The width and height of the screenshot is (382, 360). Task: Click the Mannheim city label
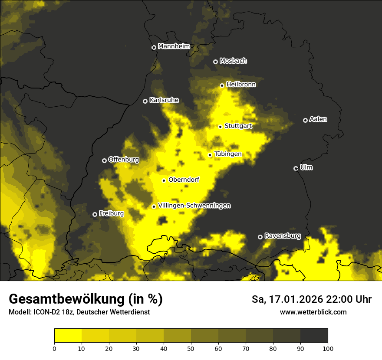[175, 46]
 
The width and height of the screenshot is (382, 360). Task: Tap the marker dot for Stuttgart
[220, 127]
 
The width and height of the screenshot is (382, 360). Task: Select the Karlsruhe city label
[164, 100]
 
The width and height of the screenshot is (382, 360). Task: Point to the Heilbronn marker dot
[222, 85]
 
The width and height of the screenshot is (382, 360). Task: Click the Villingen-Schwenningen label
[194, 206]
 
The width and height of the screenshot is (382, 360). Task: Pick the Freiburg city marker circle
[95, 214]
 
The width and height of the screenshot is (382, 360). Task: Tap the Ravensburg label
[282, 236]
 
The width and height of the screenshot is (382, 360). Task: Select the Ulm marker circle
[296, 168]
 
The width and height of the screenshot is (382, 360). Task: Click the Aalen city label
[318, 119]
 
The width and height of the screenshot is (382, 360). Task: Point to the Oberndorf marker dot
[164, 180]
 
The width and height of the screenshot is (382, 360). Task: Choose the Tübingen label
[227, 154]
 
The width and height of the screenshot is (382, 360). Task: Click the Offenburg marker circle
[104, 160]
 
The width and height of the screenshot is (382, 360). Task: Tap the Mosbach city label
[233, 61]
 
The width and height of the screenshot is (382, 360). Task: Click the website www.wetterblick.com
[313, 312]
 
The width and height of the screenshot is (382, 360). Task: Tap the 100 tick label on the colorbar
[328, 348]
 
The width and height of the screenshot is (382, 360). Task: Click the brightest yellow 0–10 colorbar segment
[68, 336]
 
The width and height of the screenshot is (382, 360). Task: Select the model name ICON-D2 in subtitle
[45, 312]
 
